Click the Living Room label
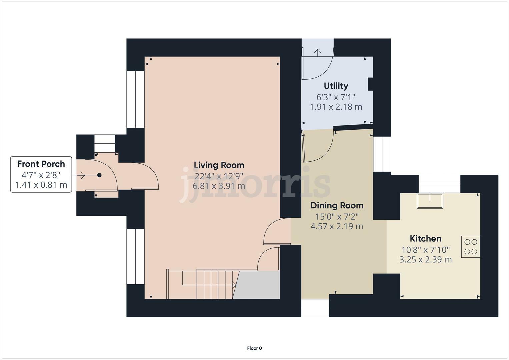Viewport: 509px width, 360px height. pyautogui.click(x=219, y=165)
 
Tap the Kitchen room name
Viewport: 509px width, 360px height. pyautogui.click(x=425, y=239)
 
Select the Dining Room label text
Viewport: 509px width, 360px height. pyautogui.click(x=337, y=206)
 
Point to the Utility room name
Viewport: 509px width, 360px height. pyautogui.click(x=336, y=86)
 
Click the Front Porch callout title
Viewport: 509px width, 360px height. pyautogui.click(x=41, y=164)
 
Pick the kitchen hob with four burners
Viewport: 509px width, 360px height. pyautogui.click(x=471, y=247)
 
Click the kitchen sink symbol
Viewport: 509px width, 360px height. pyautogui.click(x=430, y=201)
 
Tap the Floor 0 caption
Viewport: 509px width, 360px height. pyautogui.click(x=254, y=348)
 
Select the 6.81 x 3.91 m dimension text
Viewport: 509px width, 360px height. pyautogui.click(x=219, y=186)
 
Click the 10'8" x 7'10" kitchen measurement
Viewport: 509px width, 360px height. pyautogui.click(x=425, y=250)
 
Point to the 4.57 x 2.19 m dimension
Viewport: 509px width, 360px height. pyautogui.click(x=337, y=227)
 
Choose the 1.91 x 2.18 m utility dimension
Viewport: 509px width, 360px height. pyautogui.click(x=336, y=107)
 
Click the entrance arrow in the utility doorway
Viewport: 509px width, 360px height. pyautogui.click(x=317, y=52)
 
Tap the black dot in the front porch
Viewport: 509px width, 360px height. pyautogui.click(x=99, y=175)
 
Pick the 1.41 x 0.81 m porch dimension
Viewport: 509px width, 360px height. pyautogui.click(x=41, y=185)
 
